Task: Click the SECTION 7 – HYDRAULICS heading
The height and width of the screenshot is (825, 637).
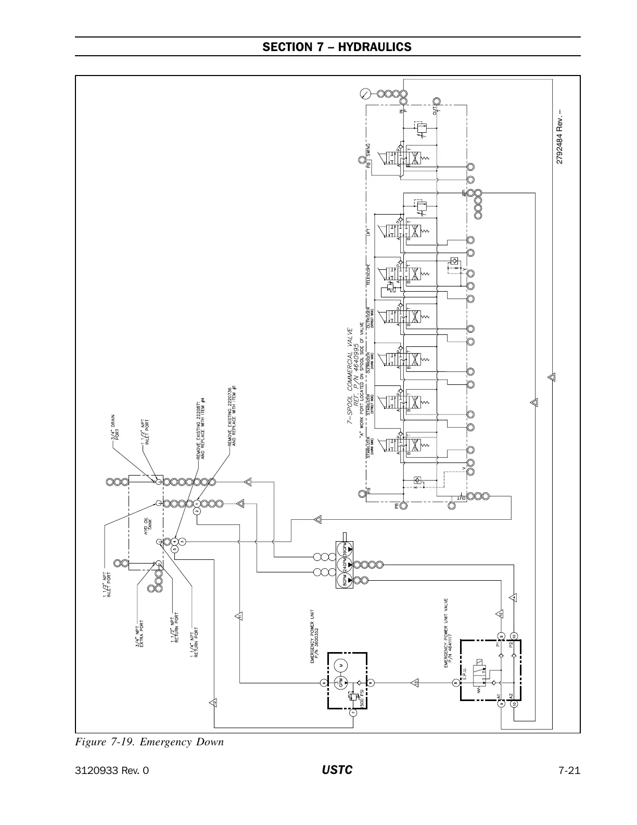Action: pyautogui.click(x=337, y=47)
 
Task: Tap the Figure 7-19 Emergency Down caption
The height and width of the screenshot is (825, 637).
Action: pyautogui.click(x=149, y=742)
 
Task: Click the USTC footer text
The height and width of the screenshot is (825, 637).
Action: pyautogui.click(x=337, y=770)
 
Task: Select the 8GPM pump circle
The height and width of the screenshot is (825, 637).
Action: pyautogui.click(x=343, y=580)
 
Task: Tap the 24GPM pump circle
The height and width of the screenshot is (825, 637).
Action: pyautogui.click(x=343, y=565)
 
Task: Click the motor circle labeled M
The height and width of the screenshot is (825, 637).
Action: pyautogui.click(x=342, y=665)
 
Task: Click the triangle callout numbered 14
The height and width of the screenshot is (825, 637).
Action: pyautogui.click(x=514, y=597)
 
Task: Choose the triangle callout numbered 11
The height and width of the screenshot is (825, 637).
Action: pyautogui.click(x=239, y=616)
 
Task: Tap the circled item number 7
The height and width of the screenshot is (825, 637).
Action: pyautogui.click(x=353, y=712)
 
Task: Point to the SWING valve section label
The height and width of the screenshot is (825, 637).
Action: pyautogui.click(x=368, y=149)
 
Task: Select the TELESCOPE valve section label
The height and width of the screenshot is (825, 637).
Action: pyautogui.click(x=368, y=274)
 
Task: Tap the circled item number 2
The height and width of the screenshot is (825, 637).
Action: pyautogui.click(x=197, y=511)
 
